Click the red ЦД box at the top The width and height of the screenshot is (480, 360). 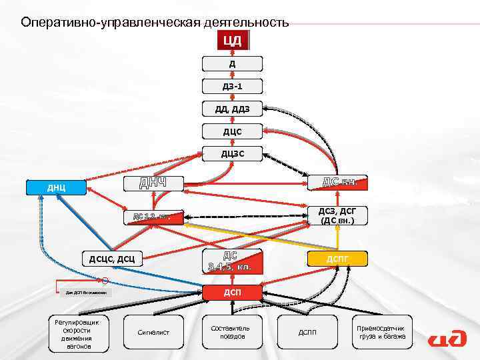(x=233, y=41)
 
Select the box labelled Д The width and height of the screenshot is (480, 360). (x=233, y=64)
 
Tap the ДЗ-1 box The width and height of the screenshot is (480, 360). (x=233, y=87)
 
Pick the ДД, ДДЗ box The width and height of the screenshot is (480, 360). (x=233, y=109)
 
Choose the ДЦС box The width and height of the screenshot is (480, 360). (x=233, y=131)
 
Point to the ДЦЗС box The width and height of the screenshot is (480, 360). (x=233, y=154)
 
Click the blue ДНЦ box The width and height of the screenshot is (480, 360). (x=56, y=187)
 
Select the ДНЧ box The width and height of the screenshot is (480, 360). (x=152, y=183)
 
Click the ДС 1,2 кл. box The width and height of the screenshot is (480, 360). (x=154, y=217)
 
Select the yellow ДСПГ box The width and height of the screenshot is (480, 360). (x=337, y=259)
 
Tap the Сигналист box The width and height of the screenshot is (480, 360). (x=153, y=331)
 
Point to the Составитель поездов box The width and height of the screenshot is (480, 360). (x=230, y=331)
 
